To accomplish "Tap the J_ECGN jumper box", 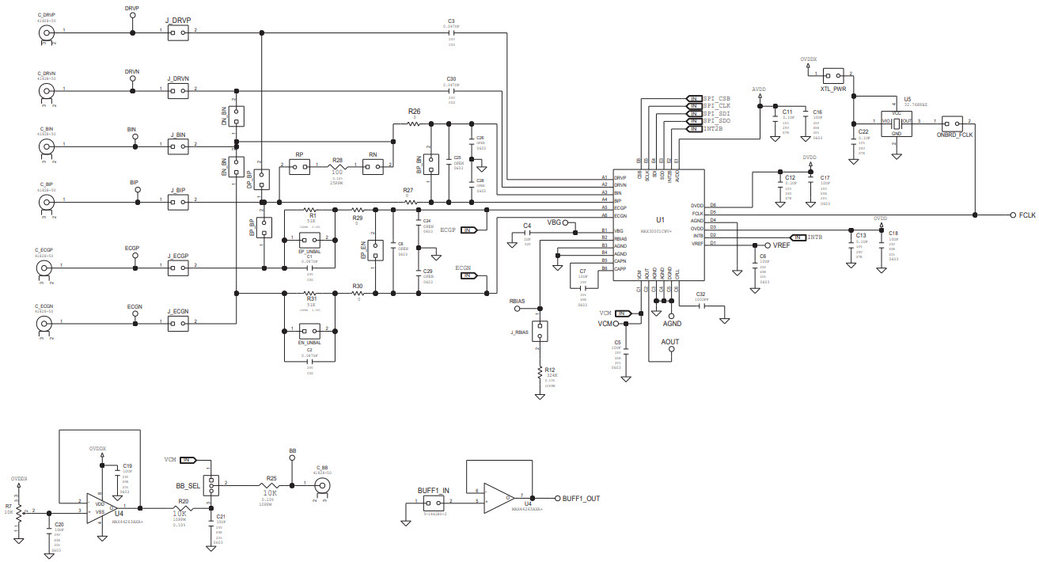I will [178, 323].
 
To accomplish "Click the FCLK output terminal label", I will [1027, 215].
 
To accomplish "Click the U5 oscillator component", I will [896, 123].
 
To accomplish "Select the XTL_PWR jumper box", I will [833, 77].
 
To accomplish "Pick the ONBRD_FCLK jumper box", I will [954, 123].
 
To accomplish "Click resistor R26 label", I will [414, 112].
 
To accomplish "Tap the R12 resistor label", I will [550, 370].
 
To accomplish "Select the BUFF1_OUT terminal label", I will [581, 499].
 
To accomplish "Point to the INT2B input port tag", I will [713, 127].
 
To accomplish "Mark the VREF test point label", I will [781, 245].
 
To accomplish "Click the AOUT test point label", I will [669, 342].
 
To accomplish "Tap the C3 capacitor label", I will [451, 21].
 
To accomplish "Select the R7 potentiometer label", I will [9, 506].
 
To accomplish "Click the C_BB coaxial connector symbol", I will [322, 485].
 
